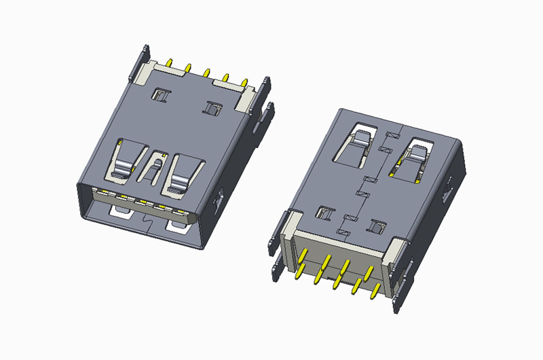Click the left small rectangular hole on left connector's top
coord(162,95)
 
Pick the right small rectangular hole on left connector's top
coord(213,107)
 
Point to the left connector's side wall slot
coord(219,200)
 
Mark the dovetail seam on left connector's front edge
coord(149,221)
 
